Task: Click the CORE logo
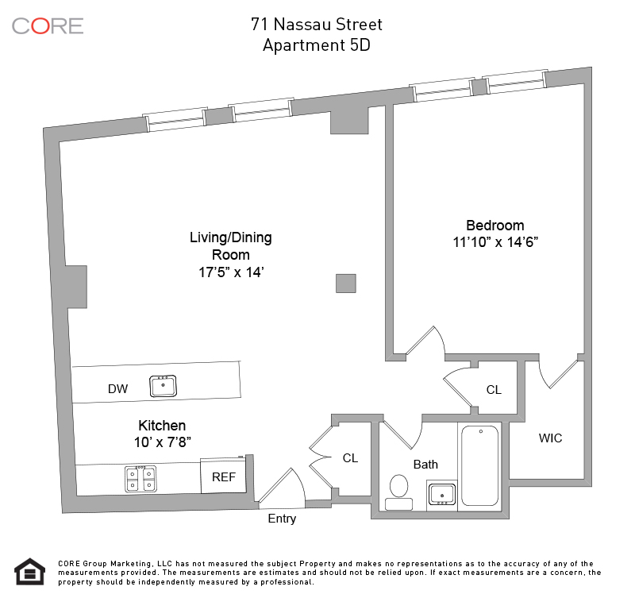pos(48,26)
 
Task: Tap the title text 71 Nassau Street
pos(316,25)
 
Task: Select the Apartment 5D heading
pos(316,45)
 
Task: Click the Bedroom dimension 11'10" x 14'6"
pos(495,242)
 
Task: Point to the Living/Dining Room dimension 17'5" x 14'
pos(231,272)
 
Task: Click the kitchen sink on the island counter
pos(163,386)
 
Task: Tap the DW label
pos(117,389)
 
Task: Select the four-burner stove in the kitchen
pos(140,480)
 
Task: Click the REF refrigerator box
pos(224,476)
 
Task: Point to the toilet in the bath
pos(399,492)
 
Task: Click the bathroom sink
pos(441,494)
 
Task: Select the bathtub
pos(480,465)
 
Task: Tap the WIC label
pos(550,438)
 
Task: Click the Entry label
pos(282,519)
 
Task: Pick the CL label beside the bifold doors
pos(350,457)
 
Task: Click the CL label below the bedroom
pos(494,390)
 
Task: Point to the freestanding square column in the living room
pos(346,284)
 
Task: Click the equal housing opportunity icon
pos(30,572)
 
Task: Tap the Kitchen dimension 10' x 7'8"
pos(163,442)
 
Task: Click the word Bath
pos(425,465)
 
